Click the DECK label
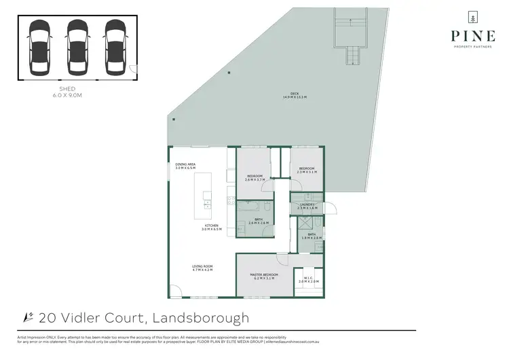pos(295,95)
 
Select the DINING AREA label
pos(185,165)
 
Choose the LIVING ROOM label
pos(203,268)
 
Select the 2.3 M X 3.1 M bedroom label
pos(307,170)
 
